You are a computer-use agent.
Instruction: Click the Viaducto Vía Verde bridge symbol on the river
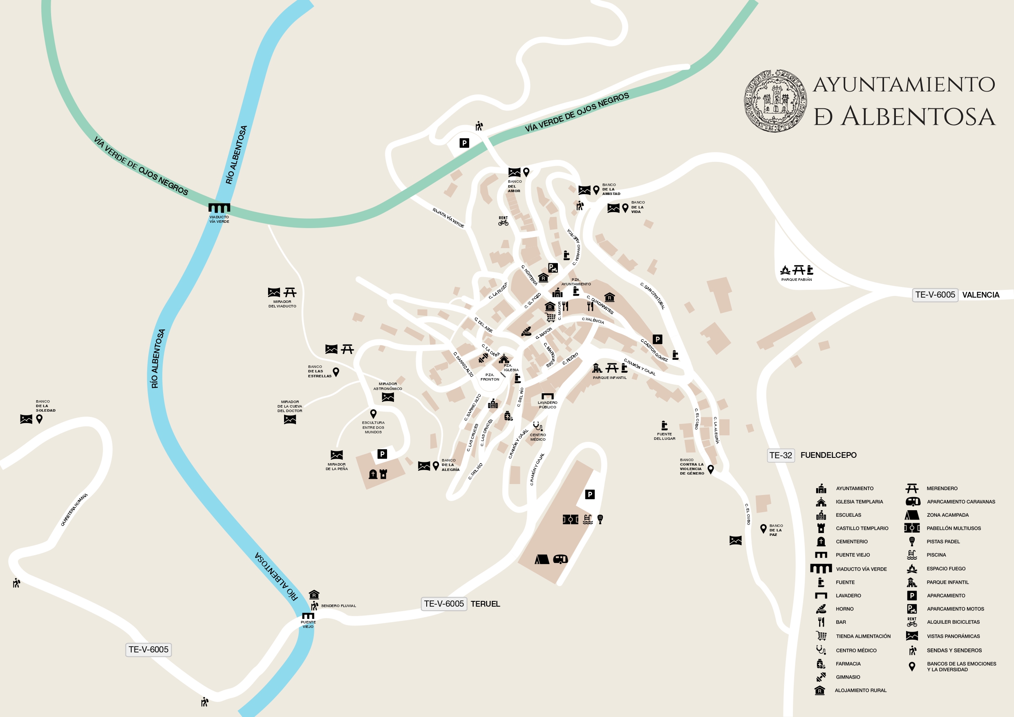(x=219, y=208)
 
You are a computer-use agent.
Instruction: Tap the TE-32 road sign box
(x=780, y=455)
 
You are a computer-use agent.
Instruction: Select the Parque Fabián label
(x=796, y=280)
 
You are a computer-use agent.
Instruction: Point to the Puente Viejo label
(x=308, y=624)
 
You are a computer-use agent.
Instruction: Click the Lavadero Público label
(x=547, y=405)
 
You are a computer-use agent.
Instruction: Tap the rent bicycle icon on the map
(x=503, y=221)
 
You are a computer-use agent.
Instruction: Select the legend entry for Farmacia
(x=848, y=663)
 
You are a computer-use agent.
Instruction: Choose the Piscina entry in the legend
(x=936, y=555)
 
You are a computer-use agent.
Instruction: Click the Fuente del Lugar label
(x=664, y=436)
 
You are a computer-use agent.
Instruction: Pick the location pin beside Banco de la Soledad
(x=39, y=419)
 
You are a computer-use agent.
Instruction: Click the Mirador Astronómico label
(x=387, y=386)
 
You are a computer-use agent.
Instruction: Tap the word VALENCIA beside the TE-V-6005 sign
(x=980, y=295)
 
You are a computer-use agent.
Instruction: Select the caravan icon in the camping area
(x=560, y=559)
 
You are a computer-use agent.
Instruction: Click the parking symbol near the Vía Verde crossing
(x=464, y=143)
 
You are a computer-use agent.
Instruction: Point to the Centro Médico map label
(x=537, y=437)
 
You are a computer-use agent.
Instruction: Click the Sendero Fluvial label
(x=338, y=606)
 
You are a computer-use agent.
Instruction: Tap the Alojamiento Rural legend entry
(x=860, y=690)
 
